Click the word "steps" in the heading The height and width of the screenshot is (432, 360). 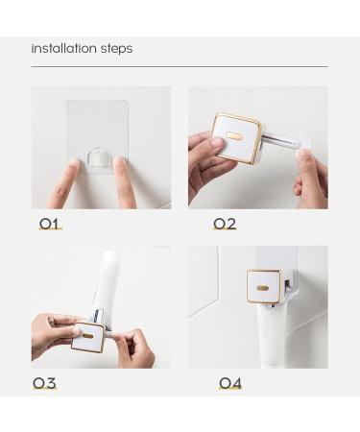pyautogui.click(x=115, y=49)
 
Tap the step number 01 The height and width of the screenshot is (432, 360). pyautogui.click(x=50, y=224)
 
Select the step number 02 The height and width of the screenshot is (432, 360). pyautogui.click(x=224, y=224)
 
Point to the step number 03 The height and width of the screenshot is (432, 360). pyautogui.click(x=44, y=383)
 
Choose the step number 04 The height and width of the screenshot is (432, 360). pyautogui.click(x=229, y=383)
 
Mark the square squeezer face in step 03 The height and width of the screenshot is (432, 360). pyautogui.click(x=88, y=336)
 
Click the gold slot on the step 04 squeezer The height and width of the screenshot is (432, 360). pyautogui.click(x=262, y=286)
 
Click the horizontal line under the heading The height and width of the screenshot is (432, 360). pyautogui.click(x=179, y=66)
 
